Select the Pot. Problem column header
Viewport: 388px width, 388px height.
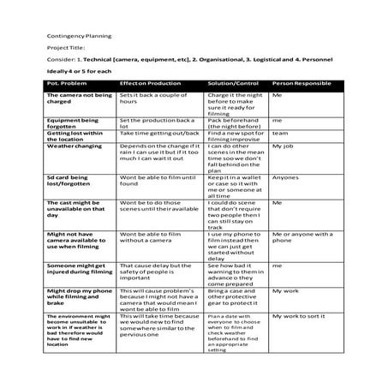66,84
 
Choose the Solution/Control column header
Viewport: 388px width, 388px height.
232,84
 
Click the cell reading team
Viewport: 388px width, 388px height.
279,134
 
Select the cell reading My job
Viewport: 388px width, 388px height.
284,146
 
